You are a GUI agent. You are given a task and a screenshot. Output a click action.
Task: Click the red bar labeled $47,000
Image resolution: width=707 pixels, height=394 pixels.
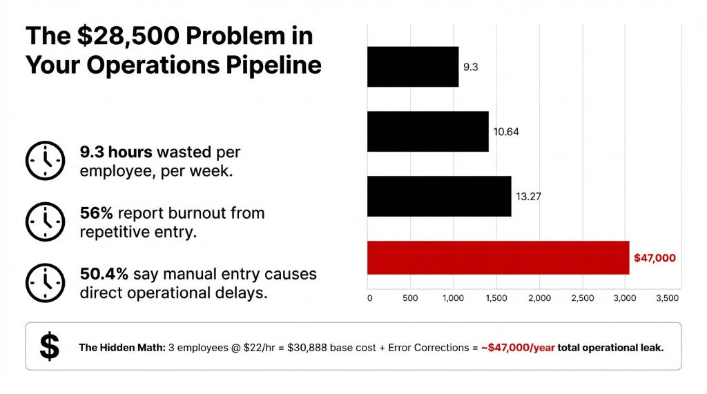click(498, 257)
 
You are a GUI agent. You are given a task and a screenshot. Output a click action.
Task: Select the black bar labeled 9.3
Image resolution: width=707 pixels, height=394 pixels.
click(413, 67)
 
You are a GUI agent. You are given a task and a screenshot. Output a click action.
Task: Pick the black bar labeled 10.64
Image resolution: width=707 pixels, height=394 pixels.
click(427, 131)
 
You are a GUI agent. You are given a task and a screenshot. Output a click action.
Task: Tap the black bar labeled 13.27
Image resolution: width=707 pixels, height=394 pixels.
click(439, 196)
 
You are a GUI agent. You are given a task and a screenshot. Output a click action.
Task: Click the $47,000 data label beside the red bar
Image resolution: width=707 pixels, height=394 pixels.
click(655, 258)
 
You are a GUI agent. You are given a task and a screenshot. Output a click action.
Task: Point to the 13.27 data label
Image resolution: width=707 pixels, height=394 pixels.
click(528, 196)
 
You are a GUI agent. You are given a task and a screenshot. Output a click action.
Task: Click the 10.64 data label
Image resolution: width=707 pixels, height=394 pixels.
click(505, 132)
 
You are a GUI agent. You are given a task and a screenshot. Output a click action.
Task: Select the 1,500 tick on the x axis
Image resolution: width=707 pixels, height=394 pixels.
click(496, 298)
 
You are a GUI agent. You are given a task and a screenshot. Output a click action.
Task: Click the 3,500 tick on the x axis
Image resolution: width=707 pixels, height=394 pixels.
click(667, 298)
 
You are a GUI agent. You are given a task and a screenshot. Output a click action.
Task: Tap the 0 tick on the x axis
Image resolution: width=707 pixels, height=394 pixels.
click(369, 298)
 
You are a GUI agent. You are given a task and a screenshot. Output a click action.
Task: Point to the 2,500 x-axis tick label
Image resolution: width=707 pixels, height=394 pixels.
click(581, 298)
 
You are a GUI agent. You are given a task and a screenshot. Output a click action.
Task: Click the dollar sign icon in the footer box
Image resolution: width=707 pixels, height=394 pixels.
click(49, 346)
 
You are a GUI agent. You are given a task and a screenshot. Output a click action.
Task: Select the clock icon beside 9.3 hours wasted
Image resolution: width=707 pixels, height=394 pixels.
click(46, 161)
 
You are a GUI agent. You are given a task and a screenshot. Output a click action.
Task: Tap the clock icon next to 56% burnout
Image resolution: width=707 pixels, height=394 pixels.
click(46, 222)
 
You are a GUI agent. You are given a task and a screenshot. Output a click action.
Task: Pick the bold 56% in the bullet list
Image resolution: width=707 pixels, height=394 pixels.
click(96, 213)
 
